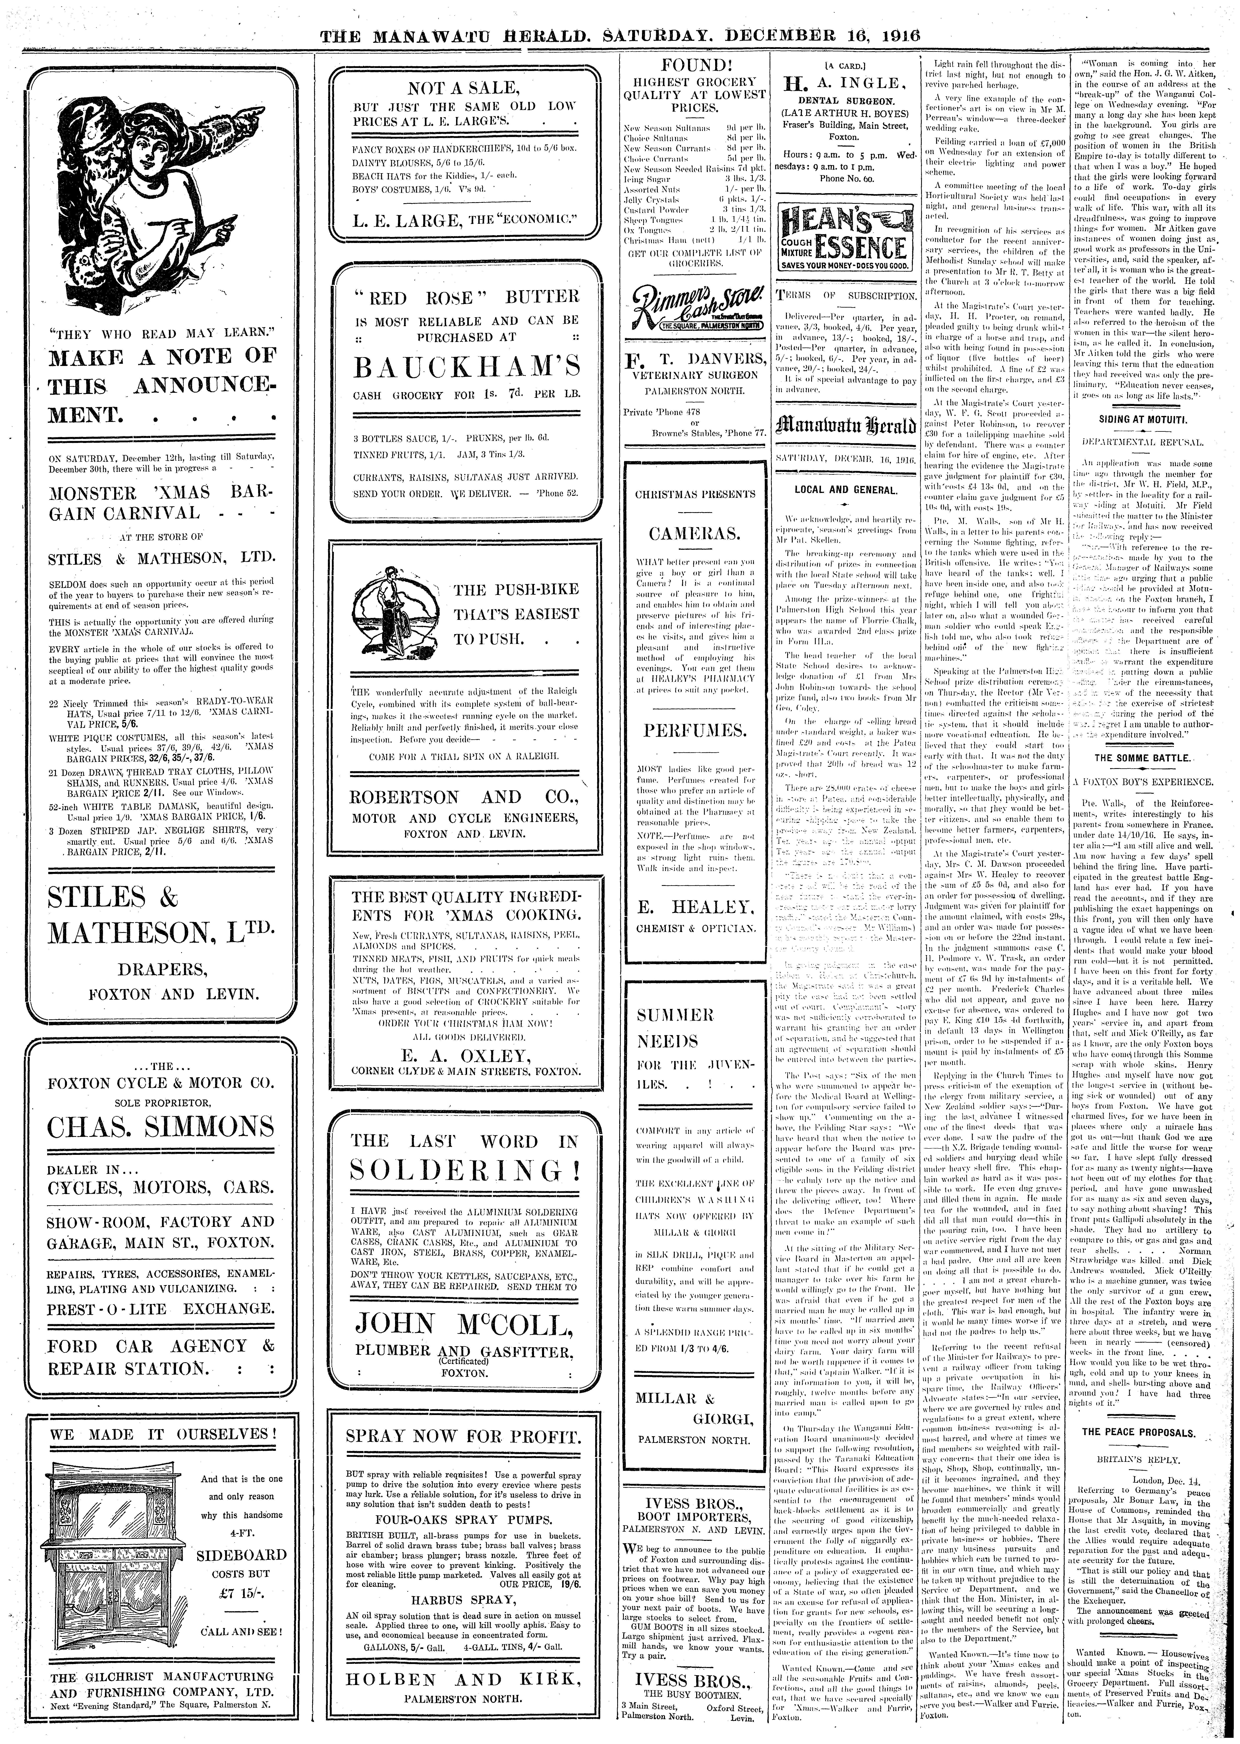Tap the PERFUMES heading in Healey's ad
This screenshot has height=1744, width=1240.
tap(695, 731)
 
